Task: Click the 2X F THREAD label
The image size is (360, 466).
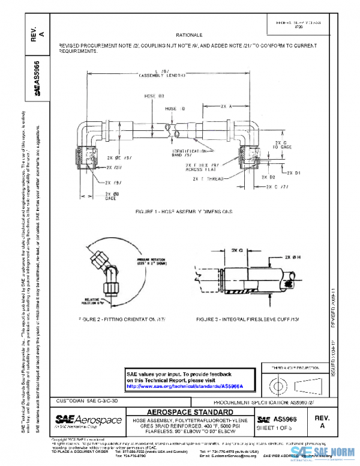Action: coord(208,179)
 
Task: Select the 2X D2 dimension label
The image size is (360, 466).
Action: coord(268,178)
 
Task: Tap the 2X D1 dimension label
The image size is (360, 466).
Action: coord(298,172)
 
